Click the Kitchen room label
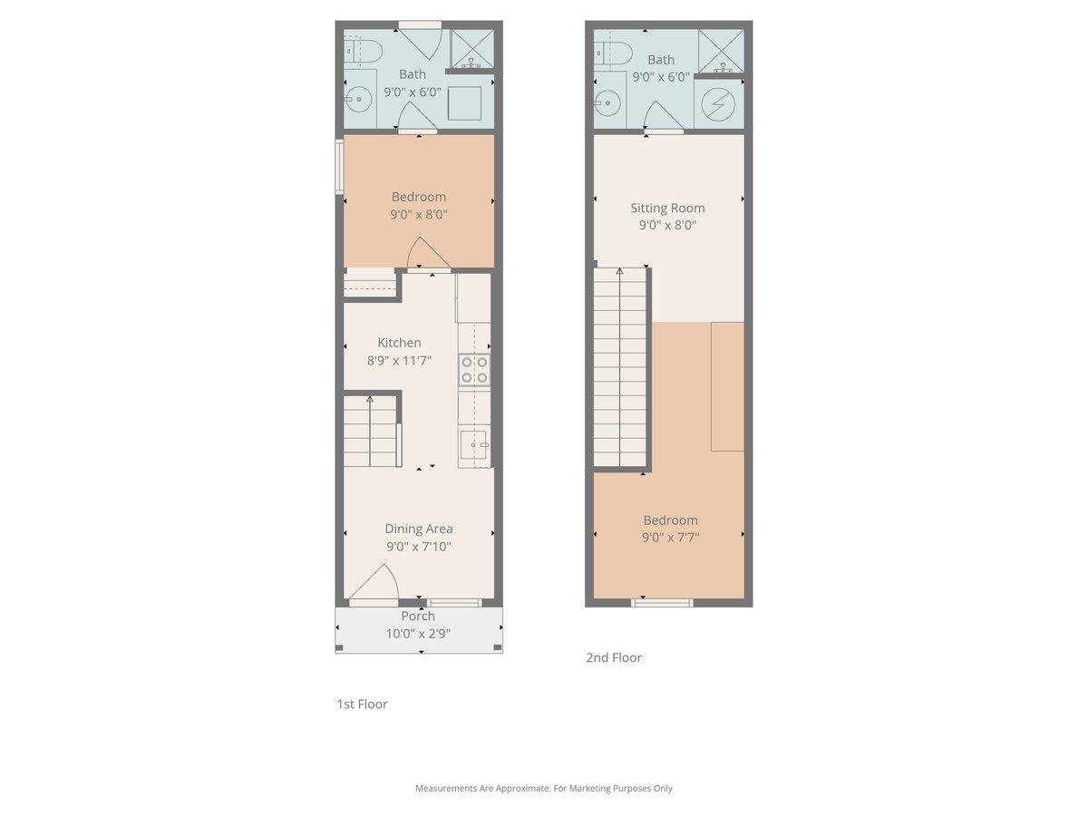pyautogui.click(x=399, y=343)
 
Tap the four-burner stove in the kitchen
pyautogui.click(x=474, y=370)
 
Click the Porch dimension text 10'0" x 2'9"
pyautogui.click(x=418, y=634)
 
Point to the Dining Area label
pyautogui.click(x=418, y=529)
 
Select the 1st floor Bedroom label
pyautogui.click(x=418, y=197)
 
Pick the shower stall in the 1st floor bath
pyautogui.click(x=472, y=49)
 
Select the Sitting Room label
pyautogui.click(x=667, y=208)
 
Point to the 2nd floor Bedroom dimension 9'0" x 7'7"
pyautogui.click(x=670, y=537)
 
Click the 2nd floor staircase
pyautogui.click(x=620, y=367)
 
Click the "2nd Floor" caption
pyautogui.click(x=614, y=657)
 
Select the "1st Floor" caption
pyautogui.click(x=362, y=704)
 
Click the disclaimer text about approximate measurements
pyautogui.click(x=543, y=788)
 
